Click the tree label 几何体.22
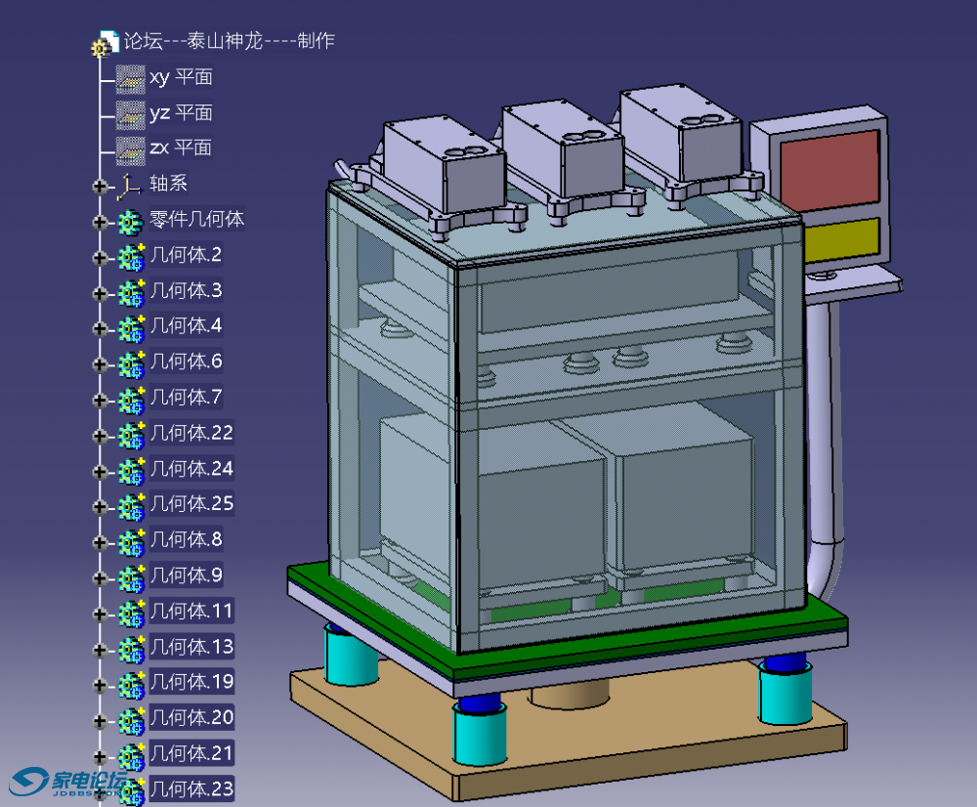tap(191, 433)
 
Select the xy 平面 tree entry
tap(181, 77)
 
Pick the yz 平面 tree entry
tap(181, 112)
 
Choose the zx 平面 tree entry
tap(181, 148)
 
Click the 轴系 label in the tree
tap(168, 184)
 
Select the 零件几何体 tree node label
tap(197, 219)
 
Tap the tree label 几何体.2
tap(187, 254)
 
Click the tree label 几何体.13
tap(191, 647)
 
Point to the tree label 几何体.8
tap(187, 539)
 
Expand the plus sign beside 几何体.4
tap(100, 328)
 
